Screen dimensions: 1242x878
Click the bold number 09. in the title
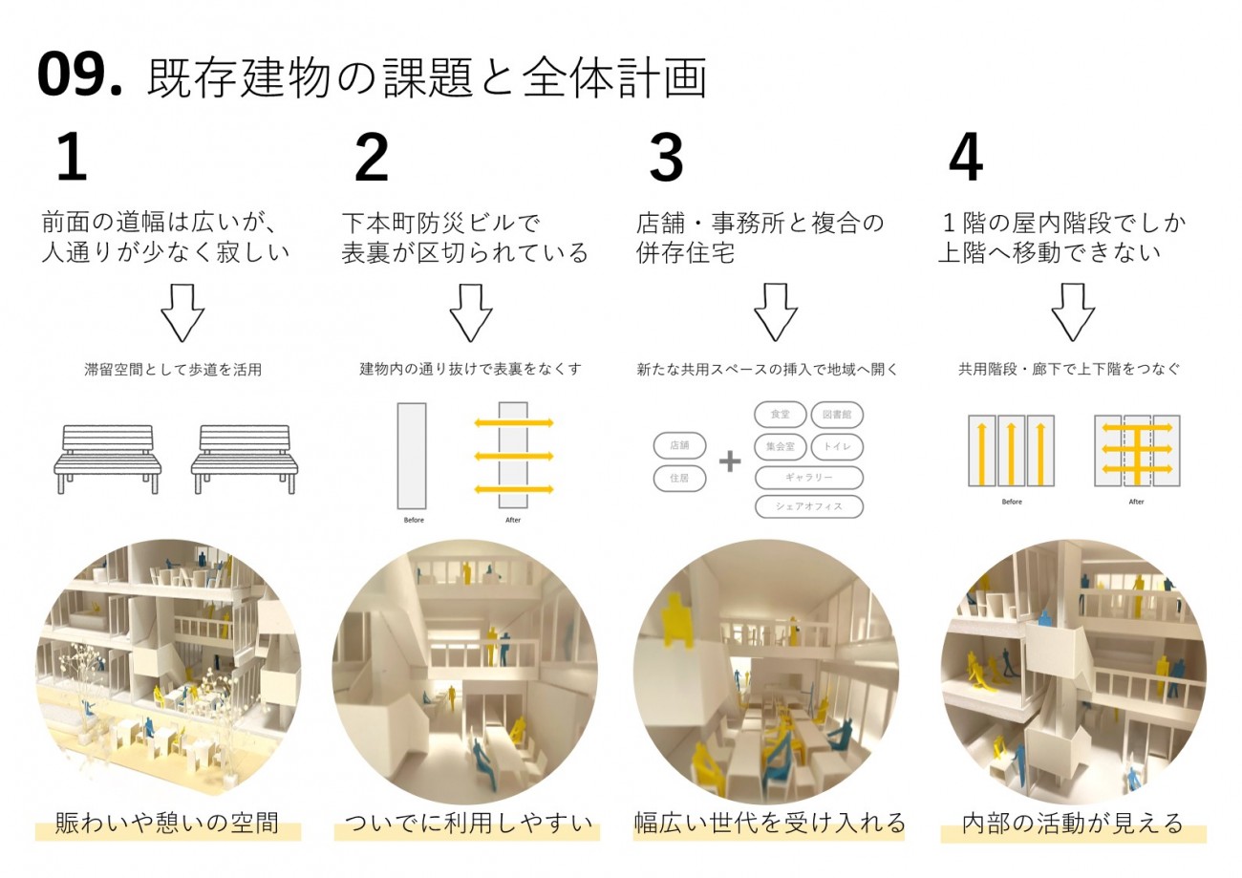79,75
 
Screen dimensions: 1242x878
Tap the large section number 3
667,158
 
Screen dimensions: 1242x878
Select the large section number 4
966,158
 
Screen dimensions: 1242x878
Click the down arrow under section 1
183,312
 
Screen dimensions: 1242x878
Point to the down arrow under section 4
1074,312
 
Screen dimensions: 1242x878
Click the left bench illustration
108,459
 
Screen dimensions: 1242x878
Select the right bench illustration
245,459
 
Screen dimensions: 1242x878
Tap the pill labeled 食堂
781,415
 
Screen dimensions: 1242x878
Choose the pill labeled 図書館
837,415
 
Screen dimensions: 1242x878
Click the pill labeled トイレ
837,447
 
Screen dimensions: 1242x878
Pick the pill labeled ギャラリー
809,478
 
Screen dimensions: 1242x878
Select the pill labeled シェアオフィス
809,506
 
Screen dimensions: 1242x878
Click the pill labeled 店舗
680,445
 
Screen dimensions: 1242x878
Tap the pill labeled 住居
680,479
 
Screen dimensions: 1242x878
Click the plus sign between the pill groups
730,461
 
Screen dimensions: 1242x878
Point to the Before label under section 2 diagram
414,520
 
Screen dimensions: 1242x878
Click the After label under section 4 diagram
1136,502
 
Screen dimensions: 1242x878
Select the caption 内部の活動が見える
1073,824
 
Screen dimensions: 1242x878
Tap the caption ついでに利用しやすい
468,824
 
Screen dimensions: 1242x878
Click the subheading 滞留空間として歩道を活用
173,370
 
